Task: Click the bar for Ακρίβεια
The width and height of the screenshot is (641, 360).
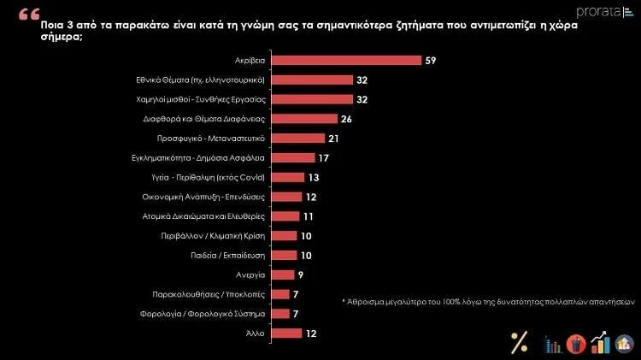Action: [x=347, y=61]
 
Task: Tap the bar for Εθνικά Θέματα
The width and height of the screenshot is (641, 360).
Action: [x=313, y=80]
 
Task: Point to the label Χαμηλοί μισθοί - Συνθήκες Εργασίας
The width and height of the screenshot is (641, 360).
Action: [x=205, y=99]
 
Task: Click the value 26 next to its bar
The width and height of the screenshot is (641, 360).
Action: [x=347, y=119]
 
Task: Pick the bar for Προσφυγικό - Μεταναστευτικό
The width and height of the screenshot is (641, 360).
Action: [x=299, y=139]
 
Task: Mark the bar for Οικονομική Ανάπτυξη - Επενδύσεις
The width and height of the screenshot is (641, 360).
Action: [x=287, y=197]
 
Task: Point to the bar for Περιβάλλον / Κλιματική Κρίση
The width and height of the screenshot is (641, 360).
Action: [x=285, y=235]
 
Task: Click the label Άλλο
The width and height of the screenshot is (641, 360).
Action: [x=256, y=333]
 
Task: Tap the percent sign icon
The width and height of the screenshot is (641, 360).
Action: [x=519, y=341]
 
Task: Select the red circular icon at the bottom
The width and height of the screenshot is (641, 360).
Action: [x=575, y=343]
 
